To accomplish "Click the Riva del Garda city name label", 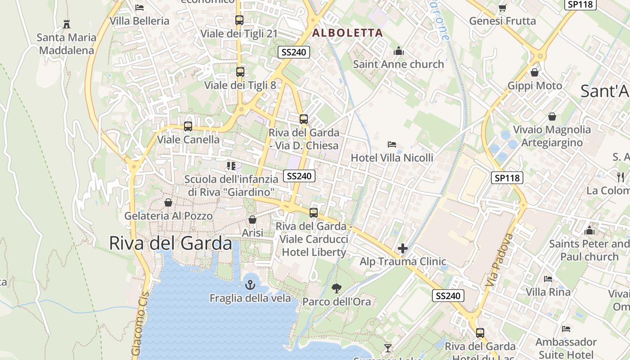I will (x=171, y=243).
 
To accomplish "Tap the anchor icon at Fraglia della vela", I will (x=250, y=284).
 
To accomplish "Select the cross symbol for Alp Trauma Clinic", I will (x=403, y=248).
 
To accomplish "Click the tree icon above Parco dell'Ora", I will (x=336, y=288).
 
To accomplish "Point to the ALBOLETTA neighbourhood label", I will (x=347, y=33).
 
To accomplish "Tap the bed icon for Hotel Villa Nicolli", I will (x=392, y=144).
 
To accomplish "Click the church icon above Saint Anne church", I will (x=398, y=51).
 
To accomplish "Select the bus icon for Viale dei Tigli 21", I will (x=239, y=20).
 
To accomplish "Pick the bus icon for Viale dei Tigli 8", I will (x=240, y=72).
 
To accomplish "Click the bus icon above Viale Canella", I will (x=188, y=126).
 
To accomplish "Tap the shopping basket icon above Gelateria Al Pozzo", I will (x=168, y=202).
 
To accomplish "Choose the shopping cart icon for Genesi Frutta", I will (x=502, y=8).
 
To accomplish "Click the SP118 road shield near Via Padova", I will (x=507, y=178).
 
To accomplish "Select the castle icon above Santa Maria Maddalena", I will (x=67, y=24).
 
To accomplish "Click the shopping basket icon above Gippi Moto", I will (x=535, y=72).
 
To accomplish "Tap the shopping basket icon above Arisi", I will (x=252, y=220).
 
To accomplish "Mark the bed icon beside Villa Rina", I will (x=548, y=279).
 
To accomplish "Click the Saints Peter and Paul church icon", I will (x=589, y=231).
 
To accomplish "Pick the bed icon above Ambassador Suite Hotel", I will (x=566, y=329).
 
